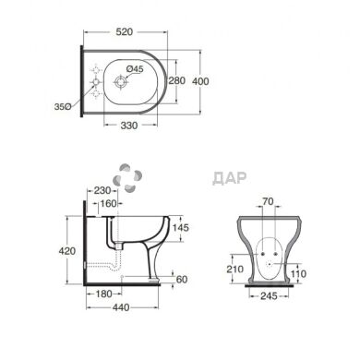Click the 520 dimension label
(x=125, y=31)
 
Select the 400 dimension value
(x=200, y=81)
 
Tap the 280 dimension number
(x=177, y=80)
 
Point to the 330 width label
(x=129, y=126)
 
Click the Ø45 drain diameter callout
(x=135, y=69)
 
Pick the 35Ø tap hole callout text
(x=63, y=107)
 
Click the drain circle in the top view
(x=120, y=82)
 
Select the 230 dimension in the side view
(x=102, y=190)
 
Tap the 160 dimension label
(x=109, y=203)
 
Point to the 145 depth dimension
(x=180, y=228)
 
